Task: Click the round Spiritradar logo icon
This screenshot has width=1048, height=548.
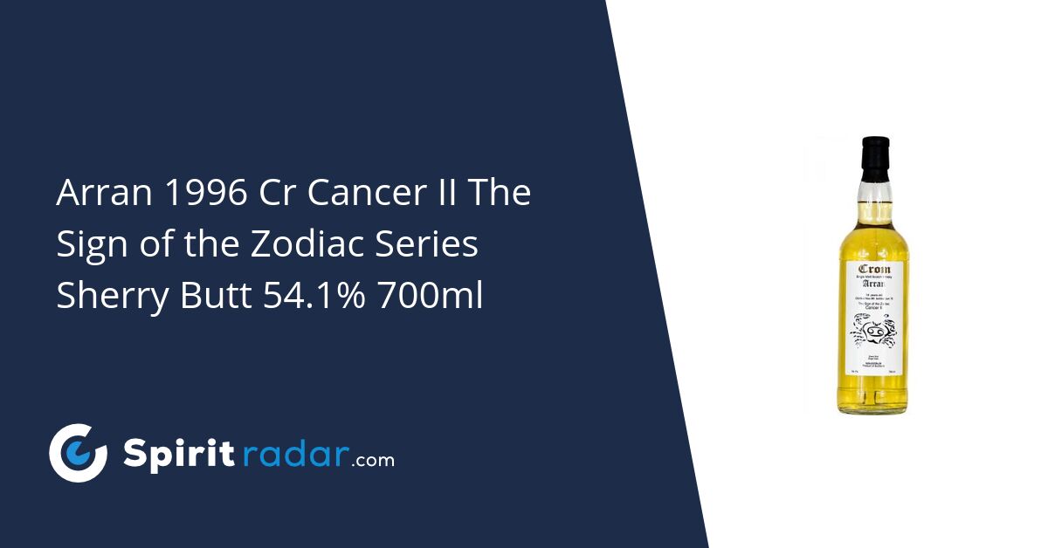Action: (x=78, y=453)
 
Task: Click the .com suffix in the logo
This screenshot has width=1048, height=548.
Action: (x=373, y=459)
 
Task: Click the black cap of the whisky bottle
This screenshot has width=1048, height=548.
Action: (x=875, y=154)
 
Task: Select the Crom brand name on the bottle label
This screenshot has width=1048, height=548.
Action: (x=874, y=270)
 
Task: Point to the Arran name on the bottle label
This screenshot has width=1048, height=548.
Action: (x=874, y=284)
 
